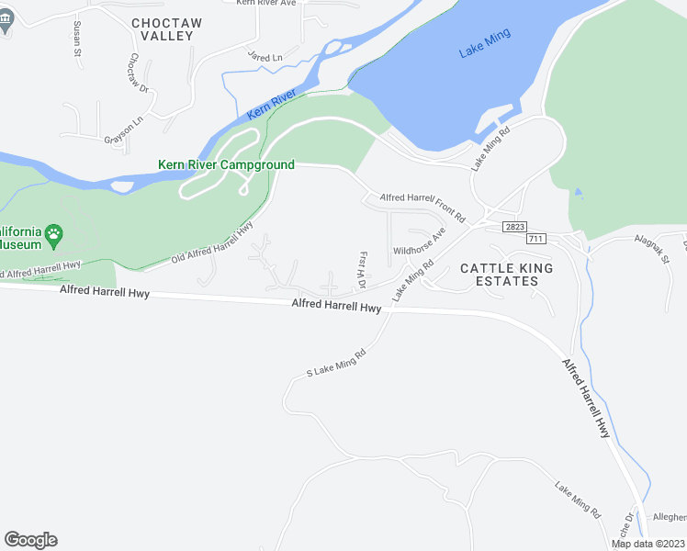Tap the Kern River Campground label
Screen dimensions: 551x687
226,165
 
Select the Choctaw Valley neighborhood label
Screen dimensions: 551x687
163,28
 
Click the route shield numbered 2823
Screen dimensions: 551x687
515,226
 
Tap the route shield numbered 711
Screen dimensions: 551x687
535,239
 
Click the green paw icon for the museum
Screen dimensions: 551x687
54,233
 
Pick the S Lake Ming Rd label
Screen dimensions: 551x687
336,362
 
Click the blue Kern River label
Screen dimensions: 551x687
272,105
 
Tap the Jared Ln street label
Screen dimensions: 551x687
265,57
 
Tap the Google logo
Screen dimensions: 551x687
30,540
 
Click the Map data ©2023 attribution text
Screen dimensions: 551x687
648,544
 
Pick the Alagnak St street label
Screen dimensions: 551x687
651,251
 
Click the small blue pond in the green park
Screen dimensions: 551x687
577,193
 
